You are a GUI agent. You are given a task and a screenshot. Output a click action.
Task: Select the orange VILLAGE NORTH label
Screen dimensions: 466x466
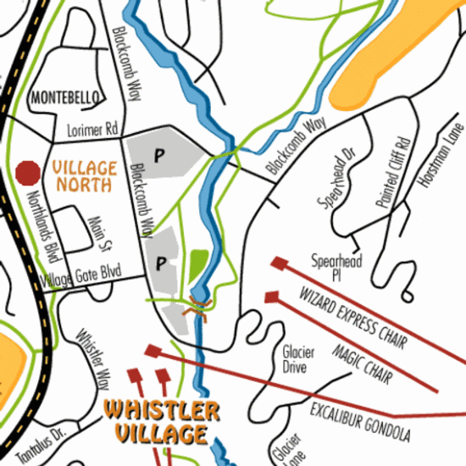(x=85, y=175)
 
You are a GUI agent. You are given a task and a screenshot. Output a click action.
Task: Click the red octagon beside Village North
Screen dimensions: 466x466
(x=28, y=173)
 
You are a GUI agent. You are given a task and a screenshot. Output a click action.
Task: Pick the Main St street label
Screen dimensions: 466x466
(x=101, y=234)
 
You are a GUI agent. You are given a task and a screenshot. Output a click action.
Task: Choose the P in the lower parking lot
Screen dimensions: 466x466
(x=160, y=264)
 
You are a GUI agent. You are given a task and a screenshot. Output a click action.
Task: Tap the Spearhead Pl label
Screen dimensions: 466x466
(x=336, y=268)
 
